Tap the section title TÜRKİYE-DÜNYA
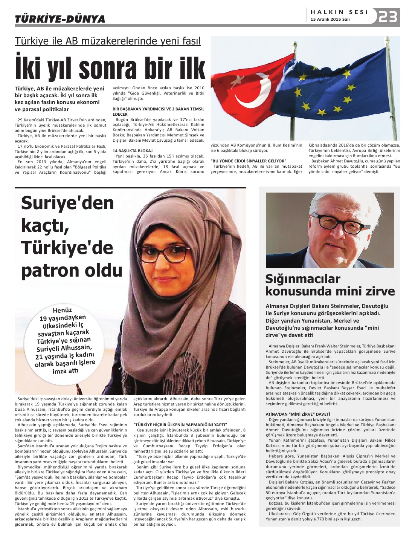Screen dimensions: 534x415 [x=60, y=19]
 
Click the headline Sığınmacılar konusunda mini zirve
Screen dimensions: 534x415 [x=330, y=285]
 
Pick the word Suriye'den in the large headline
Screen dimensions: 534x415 [x=67, y=203]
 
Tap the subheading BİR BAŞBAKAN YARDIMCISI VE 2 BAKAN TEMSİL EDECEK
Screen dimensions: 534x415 [x=159, y=111]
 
